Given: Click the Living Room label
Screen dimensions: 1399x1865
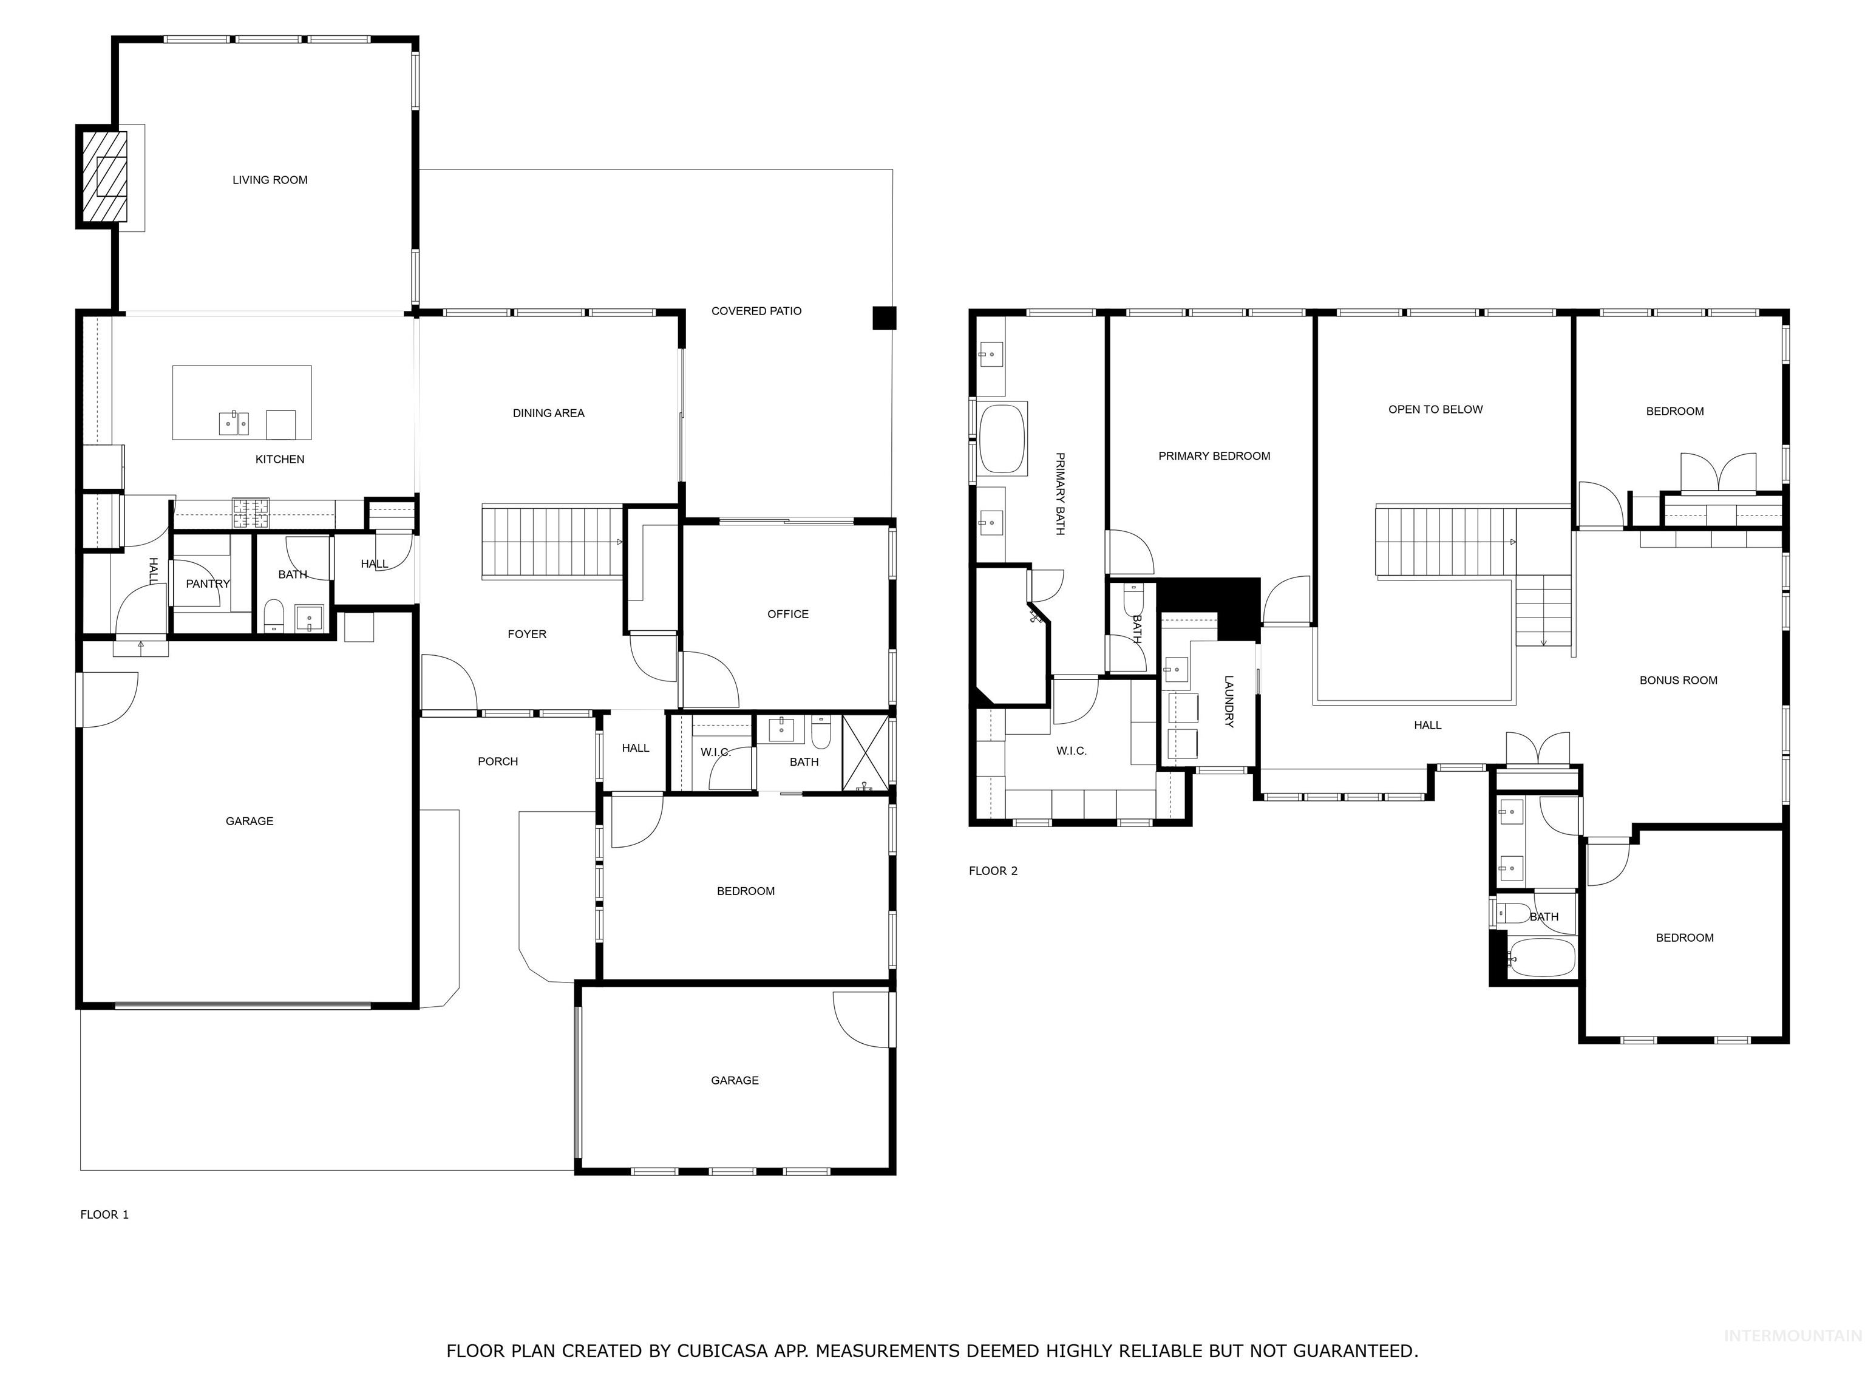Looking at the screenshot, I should pyautogui.click(x=270, y=180).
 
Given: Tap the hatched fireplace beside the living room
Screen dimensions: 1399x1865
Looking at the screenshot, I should pyautogui.click(x=102, y=176).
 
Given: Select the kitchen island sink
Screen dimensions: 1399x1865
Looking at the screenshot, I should pyautogui.click(x=234, y=423).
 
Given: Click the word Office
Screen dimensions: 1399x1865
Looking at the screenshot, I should pyautogui.click(x=787, y=614).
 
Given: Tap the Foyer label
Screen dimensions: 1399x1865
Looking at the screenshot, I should pyautogui.click(x=527, y=634).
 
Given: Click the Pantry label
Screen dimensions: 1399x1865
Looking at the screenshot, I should pyautogui.click(x=208, y=584).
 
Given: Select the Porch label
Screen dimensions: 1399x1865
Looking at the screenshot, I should pyautogui.click(x=497, y=761).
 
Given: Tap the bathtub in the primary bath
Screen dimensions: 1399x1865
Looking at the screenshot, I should pyautogui.click(x=1002, y=440).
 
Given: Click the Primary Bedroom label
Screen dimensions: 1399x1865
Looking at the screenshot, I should pyautogui.click(x=1214, y=456).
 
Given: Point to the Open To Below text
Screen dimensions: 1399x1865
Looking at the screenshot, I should pyautogui.click(x=1435, y=410).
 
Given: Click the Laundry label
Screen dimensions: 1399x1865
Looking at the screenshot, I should pyautogui.click(x=1228, y=701).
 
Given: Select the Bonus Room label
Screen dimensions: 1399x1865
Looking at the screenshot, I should pyautogui.click(x=1678, y=681).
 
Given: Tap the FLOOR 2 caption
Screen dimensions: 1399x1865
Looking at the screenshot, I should pyautogui.click(x=993, y=871).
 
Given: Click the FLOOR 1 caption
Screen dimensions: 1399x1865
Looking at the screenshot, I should pyautogui.click(x=104, y=1214).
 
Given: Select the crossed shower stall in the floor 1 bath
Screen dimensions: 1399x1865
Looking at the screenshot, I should pyautogui.click(x=866, y=753).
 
